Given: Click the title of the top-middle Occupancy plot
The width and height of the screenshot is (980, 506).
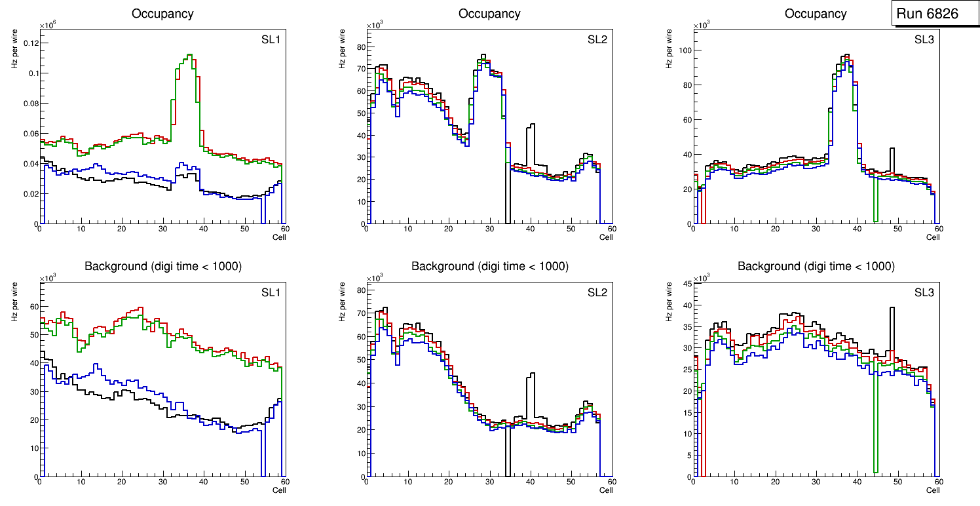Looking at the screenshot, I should [x=489, y=13].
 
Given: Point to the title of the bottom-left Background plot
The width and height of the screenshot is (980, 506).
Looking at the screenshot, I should [x=163, y=266].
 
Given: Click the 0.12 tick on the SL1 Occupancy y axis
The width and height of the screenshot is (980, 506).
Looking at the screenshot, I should [x=29, y=43].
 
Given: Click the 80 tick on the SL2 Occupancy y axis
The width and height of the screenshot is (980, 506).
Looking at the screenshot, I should [x=357, y=47].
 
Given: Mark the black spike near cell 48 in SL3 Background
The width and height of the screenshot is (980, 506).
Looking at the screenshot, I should [x=892, y=308].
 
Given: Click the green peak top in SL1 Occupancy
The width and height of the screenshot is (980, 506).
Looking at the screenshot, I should [x=189, y=55].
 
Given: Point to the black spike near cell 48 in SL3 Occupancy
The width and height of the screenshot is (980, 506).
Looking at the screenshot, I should [x=892, y=149].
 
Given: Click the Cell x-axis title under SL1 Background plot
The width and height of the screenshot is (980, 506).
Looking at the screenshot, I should [x=278, y=490].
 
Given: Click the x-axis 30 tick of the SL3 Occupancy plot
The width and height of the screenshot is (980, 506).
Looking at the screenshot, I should [x=816, y=229].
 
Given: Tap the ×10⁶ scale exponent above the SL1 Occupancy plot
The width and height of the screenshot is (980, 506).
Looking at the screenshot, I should [x=48, y=26].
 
